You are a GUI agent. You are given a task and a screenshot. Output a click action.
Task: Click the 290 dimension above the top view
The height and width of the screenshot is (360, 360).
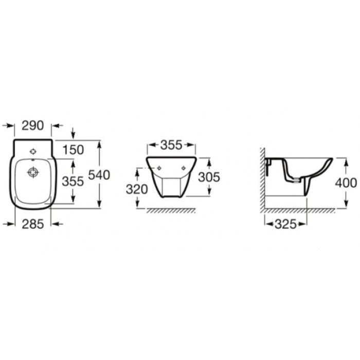click(32, 125)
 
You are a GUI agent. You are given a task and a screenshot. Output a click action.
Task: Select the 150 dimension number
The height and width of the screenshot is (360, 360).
click(73, 150)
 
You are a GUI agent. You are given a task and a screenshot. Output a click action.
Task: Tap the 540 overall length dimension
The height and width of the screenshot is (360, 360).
click(99, 175)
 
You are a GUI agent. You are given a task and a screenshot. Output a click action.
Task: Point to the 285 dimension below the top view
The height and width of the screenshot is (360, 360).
click(32, 224)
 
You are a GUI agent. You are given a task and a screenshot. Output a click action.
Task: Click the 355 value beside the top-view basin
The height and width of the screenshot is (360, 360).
click(73, 182)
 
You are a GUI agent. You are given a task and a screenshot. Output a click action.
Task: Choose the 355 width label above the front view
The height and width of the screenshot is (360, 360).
click(171, 145)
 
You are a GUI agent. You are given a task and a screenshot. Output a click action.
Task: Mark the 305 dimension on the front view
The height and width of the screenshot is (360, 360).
click(209, 177)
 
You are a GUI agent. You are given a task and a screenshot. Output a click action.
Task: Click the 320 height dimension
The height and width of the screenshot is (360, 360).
click(137, 189)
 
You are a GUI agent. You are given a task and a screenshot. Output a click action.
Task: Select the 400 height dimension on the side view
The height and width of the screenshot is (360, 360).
click(346, 183)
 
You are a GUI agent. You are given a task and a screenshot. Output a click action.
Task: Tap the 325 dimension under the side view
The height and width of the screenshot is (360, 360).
click(286, 224)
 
